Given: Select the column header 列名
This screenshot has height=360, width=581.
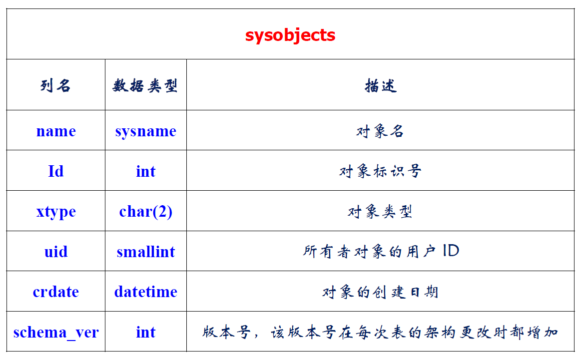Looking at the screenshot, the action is click(55, 85).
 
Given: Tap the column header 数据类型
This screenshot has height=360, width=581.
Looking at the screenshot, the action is click(145, 85).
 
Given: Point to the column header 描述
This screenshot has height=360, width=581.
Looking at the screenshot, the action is click(381, 85).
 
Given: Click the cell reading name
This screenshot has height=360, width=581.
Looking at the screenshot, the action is click(56, 131).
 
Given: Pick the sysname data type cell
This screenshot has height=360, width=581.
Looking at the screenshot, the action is click(145, 132).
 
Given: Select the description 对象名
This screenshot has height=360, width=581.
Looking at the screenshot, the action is click(380, 131).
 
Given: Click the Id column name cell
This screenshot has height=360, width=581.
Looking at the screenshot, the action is click(56, 171).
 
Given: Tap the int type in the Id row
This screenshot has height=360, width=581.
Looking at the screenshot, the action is click(145, 171).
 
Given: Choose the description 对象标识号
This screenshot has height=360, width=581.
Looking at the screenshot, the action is click(380, 171).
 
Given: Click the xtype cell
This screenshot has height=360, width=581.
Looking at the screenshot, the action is click(56, 212).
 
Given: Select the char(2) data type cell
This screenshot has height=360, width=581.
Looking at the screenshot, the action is click(145, 212).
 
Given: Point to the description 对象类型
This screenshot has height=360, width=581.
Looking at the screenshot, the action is click(380, 212).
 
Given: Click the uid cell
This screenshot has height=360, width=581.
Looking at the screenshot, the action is click(56, 252).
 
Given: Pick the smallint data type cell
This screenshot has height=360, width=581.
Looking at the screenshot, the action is click(145, 252).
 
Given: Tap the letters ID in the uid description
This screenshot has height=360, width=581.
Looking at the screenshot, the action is click(451, 251).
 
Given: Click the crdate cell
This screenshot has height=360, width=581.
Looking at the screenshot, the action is click(56, 292).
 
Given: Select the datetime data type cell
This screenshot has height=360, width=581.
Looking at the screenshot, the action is click(145, 292).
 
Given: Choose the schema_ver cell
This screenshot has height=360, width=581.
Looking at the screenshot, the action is click(56, 332).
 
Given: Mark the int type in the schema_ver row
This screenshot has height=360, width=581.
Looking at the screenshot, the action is click(145, 332).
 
